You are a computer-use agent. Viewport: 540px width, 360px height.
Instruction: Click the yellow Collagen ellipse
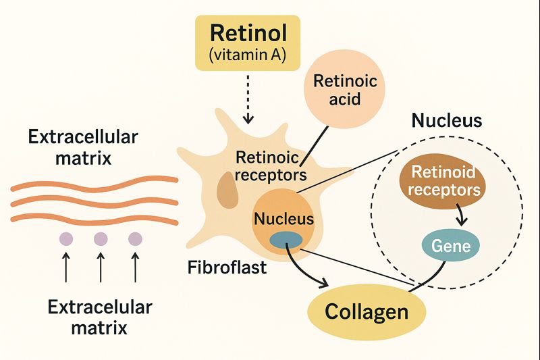pyautogui.click(x=367, y=311)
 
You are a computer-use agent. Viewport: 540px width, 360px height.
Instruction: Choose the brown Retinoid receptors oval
pyautogui.click(x=448, y=180)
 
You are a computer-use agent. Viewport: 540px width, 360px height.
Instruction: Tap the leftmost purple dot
pyautogui.click(x=66, y=238)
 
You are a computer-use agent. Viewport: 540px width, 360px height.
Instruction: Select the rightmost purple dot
pyautogui.click(x=136, y=238)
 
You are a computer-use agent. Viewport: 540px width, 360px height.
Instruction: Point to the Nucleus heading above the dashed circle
pyautogui.click(x=447, y=121)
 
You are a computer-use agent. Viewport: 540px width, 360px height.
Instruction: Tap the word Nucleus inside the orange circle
pyautogui.click(x=283, y=218)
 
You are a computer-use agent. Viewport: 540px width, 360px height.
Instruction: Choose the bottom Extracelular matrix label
pyautogui.click(x=100, y=318)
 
